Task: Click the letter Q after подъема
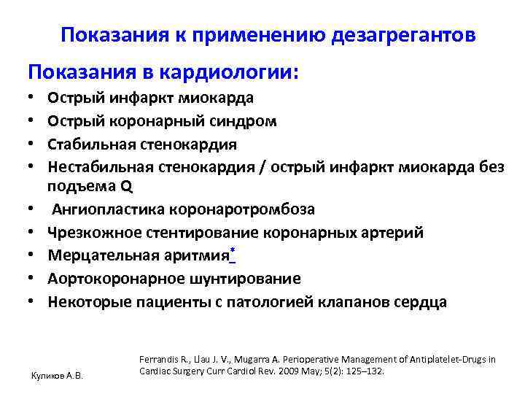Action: pyautogui.click(x=127, y=186)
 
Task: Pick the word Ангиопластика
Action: pyautogui.click(x=107, y=209)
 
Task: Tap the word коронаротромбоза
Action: pyautogui.click(x=242, y=209)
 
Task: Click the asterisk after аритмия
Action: pyautogui.click(x=233, y=252)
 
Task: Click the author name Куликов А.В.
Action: pyautogui.click(x=55, y=375)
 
